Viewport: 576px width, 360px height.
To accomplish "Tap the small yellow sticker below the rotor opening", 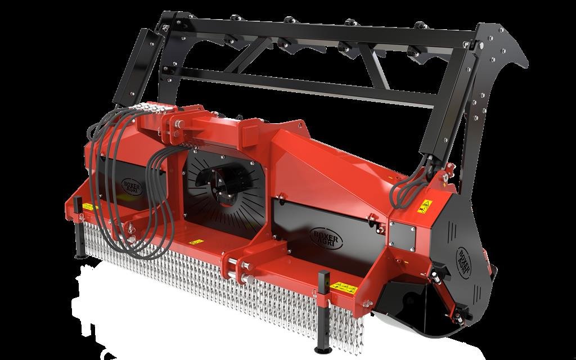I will [196, 242].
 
